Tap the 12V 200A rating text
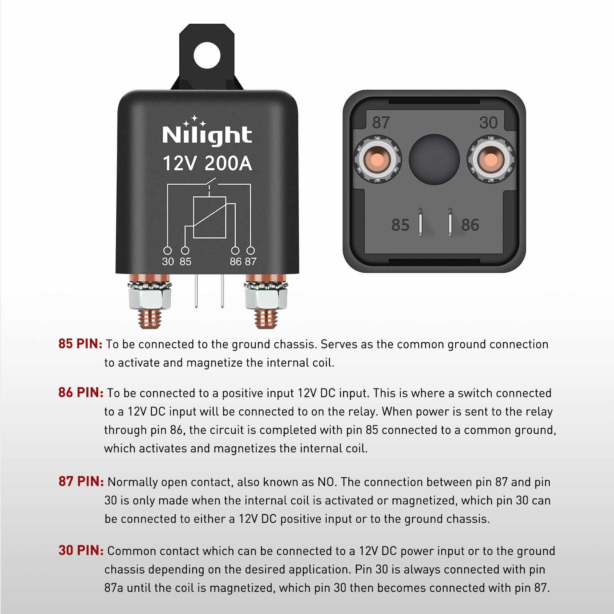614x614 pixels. pos(207,163)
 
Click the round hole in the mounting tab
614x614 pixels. pos(207,55)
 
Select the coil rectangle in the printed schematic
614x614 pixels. pos(209,217)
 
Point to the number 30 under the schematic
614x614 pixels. pos(168,262)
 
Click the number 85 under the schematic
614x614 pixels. pos(185,262)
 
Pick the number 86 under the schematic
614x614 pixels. pos(235,262)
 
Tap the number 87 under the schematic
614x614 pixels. pos(251,262)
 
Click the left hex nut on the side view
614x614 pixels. pos(149,298)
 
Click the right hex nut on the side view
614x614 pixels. pos(266,298)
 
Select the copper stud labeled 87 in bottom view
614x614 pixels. pos(377,159)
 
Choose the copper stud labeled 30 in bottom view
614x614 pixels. pos(490,159)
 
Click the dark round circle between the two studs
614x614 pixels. pos(434,159)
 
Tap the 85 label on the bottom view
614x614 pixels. pos(400,225)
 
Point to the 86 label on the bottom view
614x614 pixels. pos(470,225)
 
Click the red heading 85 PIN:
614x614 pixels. pos(80,344)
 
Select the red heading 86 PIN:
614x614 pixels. pos(81,393)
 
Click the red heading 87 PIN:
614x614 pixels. pos(81,481)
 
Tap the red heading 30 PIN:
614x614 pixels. pos(81,551)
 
